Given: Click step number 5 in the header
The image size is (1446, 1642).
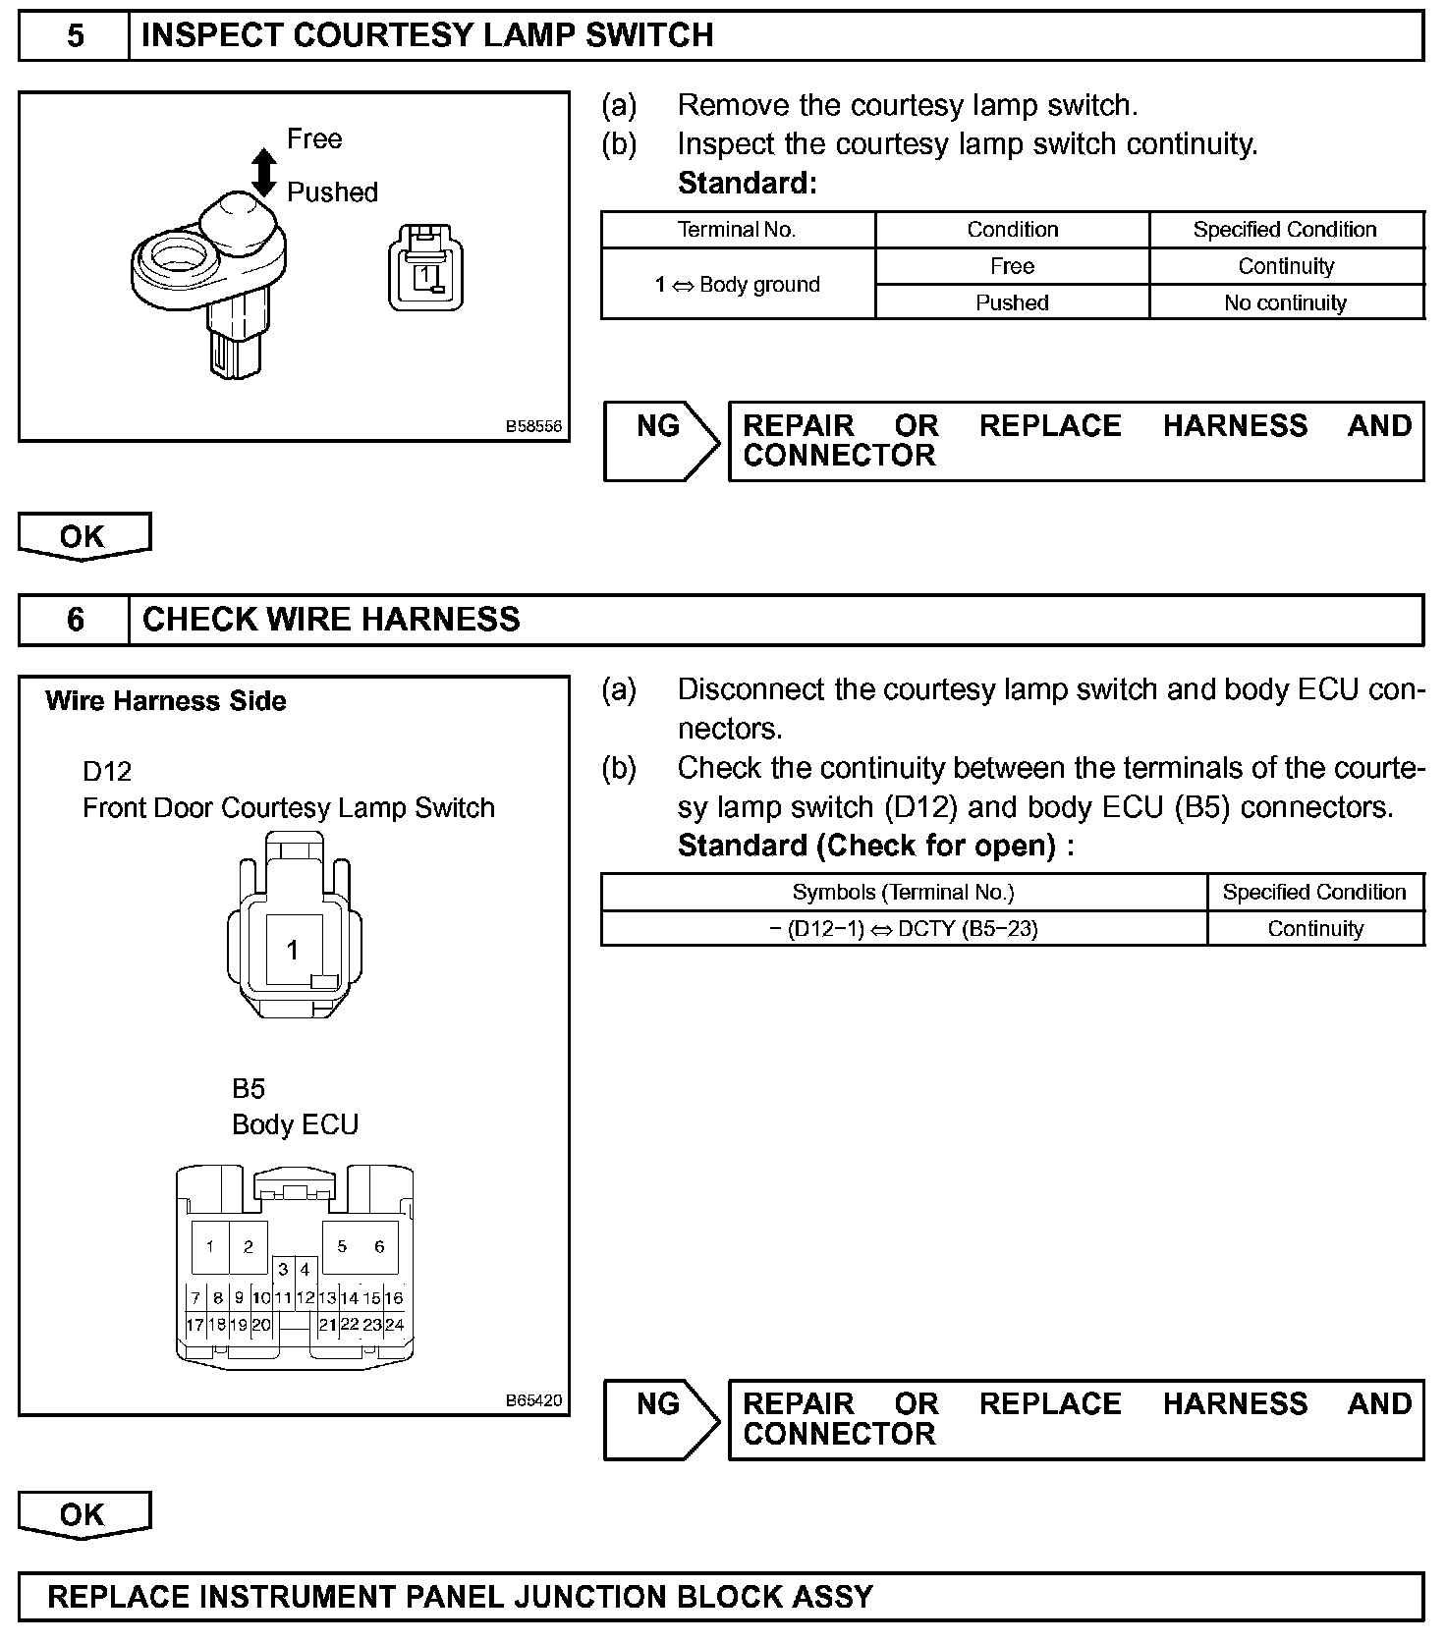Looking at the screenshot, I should point(75,36).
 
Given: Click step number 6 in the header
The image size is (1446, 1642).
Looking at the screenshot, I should point(75,620).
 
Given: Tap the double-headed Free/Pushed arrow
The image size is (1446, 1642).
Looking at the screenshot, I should point(263,172).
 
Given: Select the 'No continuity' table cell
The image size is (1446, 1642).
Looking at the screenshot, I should point(1285,302).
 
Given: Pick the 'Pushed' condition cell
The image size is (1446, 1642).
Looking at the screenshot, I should point(1012,302).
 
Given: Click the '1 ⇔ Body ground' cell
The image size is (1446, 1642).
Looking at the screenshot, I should point(737,285).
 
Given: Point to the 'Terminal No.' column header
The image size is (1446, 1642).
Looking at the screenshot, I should point(737,230).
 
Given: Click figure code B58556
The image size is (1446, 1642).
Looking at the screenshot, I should point(533,426).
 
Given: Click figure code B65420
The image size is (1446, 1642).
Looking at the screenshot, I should point(533,1400).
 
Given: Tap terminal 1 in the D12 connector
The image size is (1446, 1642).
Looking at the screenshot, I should point(293,950).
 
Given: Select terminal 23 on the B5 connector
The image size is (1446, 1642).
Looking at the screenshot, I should point(371,1324).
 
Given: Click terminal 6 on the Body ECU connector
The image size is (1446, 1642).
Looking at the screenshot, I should point(379,1247).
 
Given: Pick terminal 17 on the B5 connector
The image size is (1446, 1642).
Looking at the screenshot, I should point(195,1324).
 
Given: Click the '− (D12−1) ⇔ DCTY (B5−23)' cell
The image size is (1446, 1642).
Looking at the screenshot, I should point(904,929).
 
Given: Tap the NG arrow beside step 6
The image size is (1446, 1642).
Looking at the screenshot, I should point(660,1419).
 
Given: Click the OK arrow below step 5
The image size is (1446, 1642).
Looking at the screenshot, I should point(83,536).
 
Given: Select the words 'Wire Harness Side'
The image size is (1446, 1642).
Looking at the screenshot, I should point(165,701).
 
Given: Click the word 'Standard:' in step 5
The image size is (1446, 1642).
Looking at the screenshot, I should point(747,184).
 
